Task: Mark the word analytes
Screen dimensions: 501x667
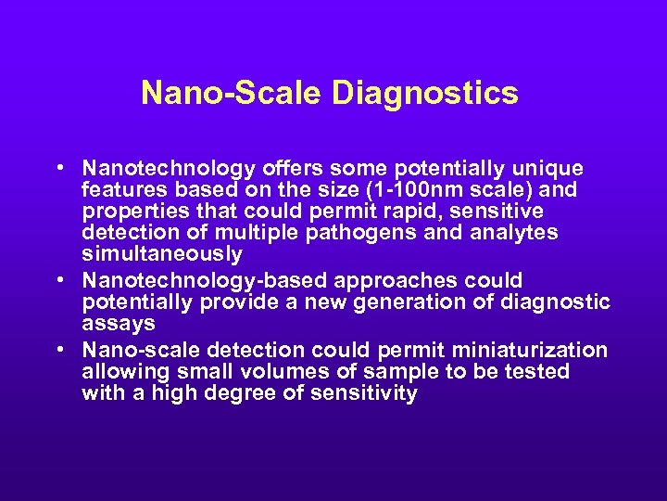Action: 518,233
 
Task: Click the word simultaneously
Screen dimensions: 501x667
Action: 162,254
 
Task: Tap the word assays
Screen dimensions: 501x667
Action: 118,323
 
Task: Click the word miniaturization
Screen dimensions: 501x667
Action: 529,350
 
